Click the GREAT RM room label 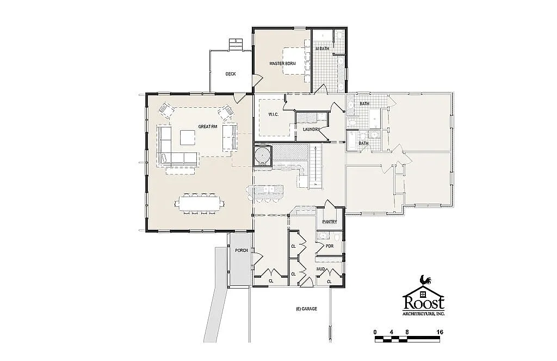[x=207, y=127]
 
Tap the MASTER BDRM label [x=283, y=64]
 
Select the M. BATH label [x=323, y=49]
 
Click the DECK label [x=231, y=74]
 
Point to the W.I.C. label [x=274, y=114]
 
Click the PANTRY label [x=330, y=222]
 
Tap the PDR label [x=329, y=246]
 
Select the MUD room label [x=321, y=268]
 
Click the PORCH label [x=241, y=250]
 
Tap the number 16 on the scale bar [x=439, y=332]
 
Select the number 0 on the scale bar [x=375, y=332]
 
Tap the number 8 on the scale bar [x=407, y=332]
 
